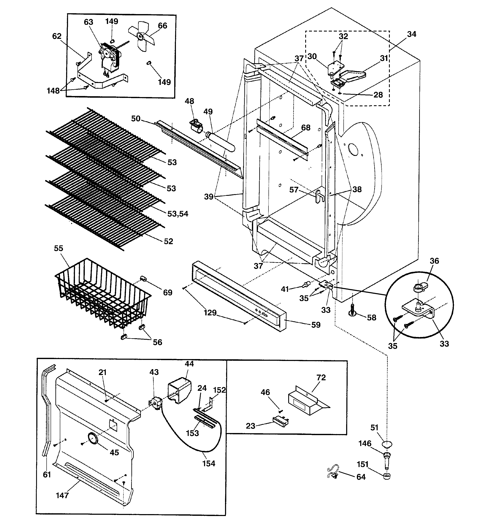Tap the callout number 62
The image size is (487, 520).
click(57, 36)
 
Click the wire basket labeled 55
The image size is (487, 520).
click(102, 293)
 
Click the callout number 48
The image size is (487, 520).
click(189, 101)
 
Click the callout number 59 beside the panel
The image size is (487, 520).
click(316, 325)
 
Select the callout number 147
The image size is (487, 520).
click(62, 495)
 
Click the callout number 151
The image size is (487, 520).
click(363, 464)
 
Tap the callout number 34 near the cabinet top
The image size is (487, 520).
click(411, 34)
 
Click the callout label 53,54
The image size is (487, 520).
click(178, 214)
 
